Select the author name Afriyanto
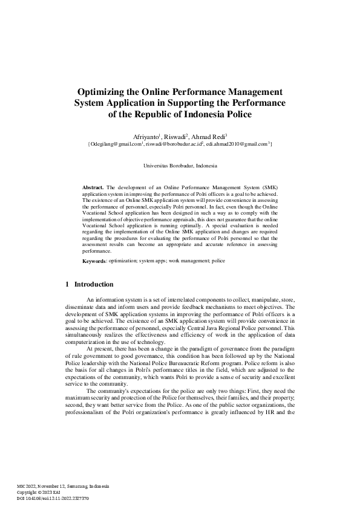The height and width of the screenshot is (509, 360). (x=145, y=137)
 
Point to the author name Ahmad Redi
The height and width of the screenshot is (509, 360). (x=209, y=137)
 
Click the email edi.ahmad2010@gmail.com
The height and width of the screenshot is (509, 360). (x=237, y=145)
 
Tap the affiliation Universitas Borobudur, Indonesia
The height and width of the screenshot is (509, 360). (x=180, y=166)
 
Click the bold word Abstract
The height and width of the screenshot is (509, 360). (x=93, y=188)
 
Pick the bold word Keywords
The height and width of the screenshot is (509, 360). (x=94, y=261)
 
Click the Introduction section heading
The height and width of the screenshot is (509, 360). (x=93, y=284)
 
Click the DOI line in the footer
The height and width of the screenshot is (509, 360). (x=53, y=498)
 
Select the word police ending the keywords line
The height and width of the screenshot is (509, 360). (x=218, y=261)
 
